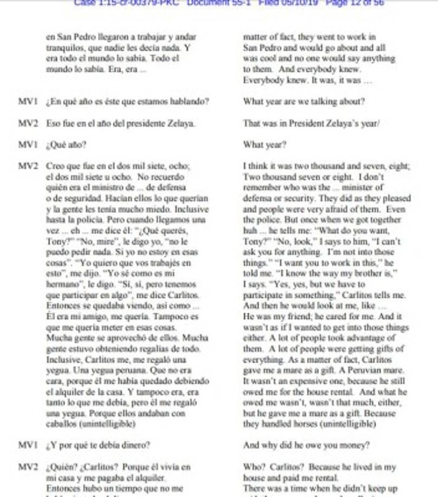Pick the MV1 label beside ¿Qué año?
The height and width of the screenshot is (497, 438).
[x=28, y=145]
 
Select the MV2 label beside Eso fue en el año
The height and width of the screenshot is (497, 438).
[x=28, y=123]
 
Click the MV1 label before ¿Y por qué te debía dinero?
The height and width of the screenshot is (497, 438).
[x=28, y=446]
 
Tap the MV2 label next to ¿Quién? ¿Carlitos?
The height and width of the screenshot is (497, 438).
[x=28, y=467]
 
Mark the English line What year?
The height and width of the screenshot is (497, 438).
[x=265, y=145]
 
